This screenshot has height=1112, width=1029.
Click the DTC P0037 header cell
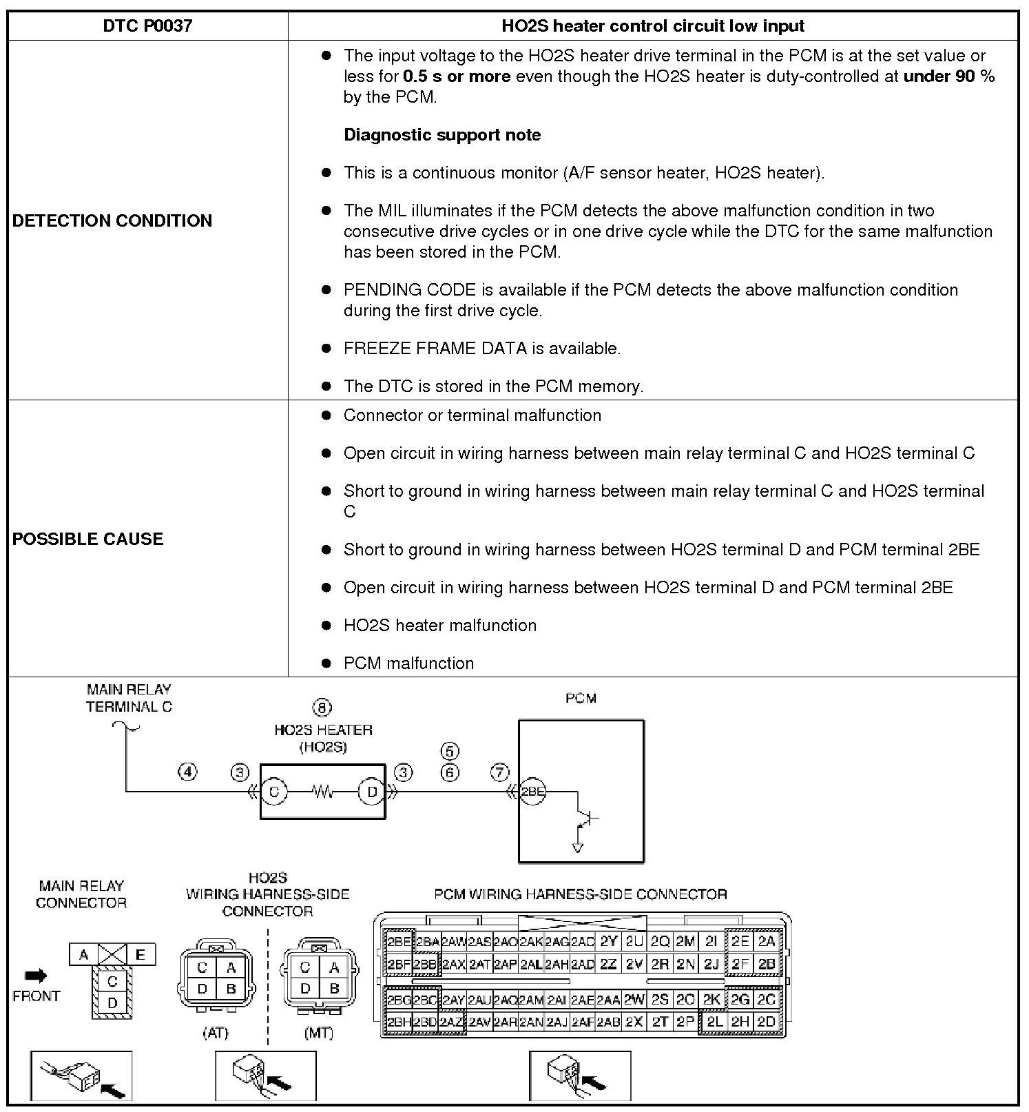147,26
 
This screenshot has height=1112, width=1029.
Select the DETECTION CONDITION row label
112,220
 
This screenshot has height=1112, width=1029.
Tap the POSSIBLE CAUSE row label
88,539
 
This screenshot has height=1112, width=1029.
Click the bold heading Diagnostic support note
442,134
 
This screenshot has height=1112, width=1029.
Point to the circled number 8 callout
322,708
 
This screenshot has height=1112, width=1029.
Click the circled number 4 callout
187,772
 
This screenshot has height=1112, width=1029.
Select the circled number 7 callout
499,772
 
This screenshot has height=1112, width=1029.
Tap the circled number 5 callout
449,751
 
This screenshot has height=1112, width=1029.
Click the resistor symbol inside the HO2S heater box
322,792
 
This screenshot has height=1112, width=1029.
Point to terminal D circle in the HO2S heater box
372,792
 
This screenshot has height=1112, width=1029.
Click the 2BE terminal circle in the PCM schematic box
532,792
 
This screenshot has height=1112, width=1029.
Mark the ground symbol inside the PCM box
577,847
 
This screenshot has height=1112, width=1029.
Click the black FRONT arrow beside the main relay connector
36,976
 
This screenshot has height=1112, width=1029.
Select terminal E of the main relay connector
141,955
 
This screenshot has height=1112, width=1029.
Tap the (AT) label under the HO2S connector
216,1033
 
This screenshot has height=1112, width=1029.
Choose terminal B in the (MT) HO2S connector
334,989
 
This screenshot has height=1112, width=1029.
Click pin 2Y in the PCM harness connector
608,942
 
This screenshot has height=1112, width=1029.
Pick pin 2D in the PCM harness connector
766,1022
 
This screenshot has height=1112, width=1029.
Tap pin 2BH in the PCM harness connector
398,1022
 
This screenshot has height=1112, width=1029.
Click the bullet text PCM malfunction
408,663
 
